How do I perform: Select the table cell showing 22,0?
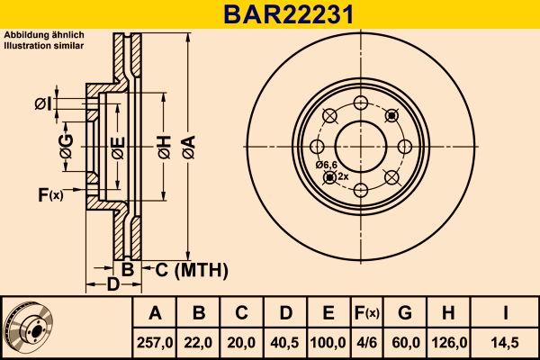(x=199, y=342)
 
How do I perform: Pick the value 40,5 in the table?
(x=285, y=342)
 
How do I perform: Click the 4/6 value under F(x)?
(x=366, y=342)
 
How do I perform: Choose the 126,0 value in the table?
(x=449, y=342)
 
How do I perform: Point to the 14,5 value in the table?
(x=507, y=342)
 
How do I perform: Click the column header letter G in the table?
(x=405, y=313)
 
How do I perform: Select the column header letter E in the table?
(x=328, y=313)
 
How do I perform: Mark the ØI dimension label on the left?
(x=41, y=105)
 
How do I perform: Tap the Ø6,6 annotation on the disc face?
(x=326, y=165)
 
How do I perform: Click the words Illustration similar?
(x=45, y=43)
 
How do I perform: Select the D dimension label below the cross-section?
(x=112, y=285)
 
